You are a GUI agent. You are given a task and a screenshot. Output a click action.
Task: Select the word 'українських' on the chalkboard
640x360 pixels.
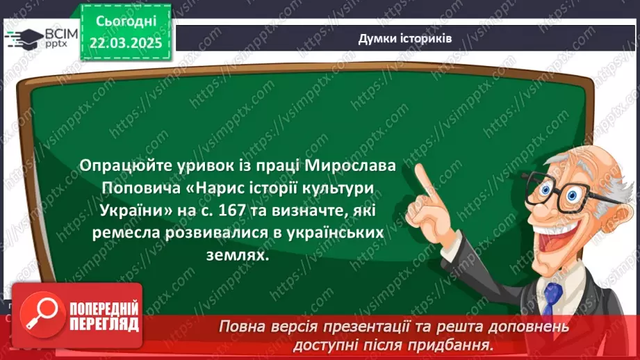(336, 234)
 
